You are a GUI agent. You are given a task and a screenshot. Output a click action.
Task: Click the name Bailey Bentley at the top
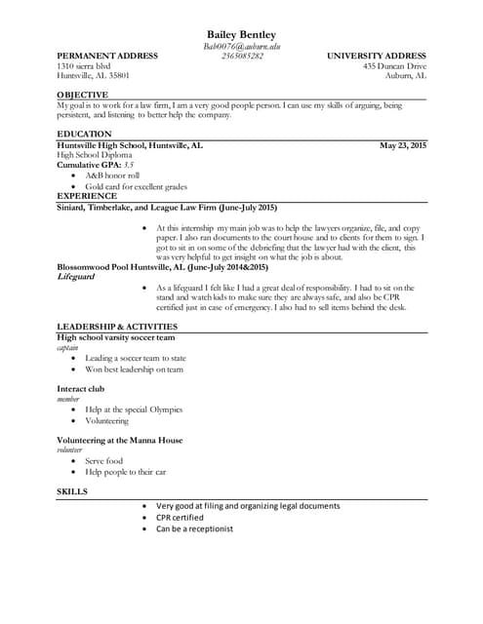241,35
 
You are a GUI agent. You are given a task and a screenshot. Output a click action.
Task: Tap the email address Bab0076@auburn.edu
241,46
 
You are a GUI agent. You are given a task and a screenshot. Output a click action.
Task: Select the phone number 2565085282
241,56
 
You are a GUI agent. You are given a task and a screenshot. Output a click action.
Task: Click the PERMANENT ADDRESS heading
107,56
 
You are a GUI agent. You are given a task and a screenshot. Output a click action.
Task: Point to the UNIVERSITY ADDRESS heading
376,56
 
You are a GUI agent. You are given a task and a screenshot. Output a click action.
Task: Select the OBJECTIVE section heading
82,94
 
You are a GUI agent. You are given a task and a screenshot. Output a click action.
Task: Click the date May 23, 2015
403,145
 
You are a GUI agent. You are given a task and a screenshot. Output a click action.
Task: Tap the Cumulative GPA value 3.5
129,165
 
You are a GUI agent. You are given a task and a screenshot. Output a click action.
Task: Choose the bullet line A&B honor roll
112,175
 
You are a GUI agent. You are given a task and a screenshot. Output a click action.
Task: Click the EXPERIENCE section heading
87,196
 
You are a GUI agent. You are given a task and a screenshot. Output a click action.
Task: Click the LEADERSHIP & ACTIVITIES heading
116,326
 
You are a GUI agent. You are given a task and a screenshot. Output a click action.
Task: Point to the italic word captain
67,347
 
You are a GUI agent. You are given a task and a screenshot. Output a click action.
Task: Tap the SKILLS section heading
72,491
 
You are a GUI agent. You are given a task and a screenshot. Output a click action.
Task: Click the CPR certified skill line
180,518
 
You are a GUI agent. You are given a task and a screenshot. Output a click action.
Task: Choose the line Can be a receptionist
194,529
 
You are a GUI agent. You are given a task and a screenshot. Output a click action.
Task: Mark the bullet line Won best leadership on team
134,369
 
